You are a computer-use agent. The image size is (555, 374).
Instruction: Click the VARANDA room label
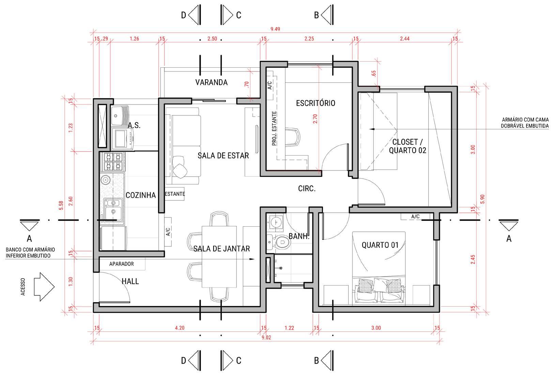pyautogui.click(x=211, y=82)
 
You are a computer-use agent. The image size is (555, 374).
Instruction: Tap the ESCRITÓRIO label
pyautogui.click(x=315, y=103)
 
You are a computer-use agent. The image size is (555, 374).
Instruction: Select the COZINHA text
pyautogui.click(x=141, y=195)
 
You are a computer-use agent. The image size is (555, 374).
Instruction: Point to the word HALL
pyautogui.click(x=130, y=281)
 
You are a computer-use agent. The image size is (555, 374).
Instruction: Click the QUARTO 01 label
pyautogui.click(x=380, y=245)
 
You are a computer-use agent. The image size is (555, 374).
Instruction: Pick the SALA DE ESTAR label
pyautogui.click(x=223, y=156)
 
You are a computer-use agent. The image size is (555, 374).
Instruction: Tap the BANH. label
pyautogui.click(x=299, y=236)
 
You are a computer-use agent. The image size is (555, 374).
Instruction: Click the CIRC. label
pyautogui.click(x=307, y=189)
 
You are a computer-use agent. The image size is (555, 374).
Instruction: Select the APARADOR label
pyautogui.click(x=121, y=264)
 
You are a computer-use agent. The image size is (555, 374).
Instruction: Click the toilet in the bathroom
pyautogui.click(x=279, y=242)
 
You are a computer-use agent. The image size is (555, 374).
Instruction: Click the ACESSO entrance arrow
pyautogui.click(x=44, y=287)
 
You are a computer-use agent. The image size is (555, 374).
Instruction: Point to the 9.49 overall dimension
pyautogui.click(x=275, y=29)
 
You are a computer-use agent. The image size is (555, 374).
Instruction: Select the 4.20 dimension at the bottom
pyautogui.click(x=180, y=328)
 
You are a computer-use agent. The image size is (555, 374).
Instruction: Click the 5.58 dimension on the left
pyautogui.click(x=61, y=205)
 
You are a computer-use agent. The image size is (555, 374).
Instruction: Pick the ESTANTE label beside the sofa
pyautogui.click(x=175, y=194)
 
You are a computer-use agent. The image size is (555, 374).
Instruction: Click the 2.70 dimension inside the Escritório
pyautogui.click(x=315, y=119)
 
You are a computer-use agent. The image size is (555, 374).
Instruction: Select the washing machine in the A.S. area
pyautogui.click(x=122, y=139)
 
